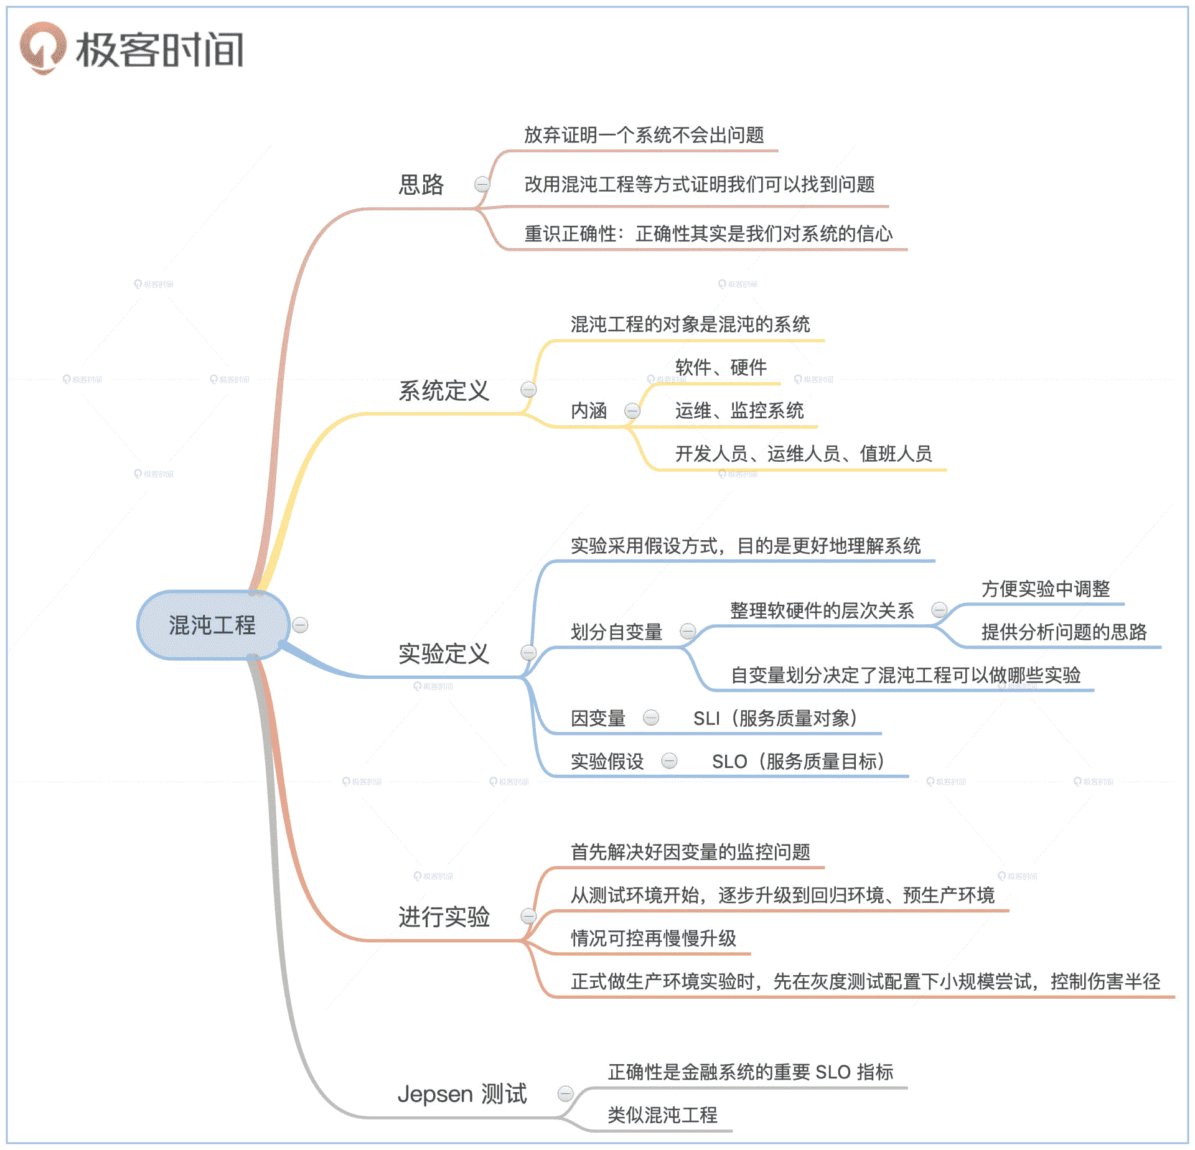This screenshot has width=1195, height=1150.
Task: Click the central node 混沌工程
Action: tap(212, 625)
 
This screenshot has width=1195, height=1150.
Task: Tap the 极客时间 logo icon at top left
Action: tap(42, 49)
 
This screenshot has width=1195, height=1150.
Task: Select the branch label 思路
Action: tap(421, 185)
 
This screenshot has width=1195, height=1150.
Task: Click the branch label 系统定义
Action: tap(444, 391)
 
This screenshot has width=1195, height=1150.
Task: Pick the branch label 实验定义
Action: tap(444, 653)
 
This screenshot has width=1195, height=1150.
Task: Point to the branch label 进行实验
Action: tap(444, 917)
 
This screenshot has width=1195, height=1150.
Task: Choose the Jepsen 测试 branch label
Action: tap(462, 1093)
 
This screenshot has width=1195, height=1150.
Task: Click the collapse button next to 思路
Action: tap(482, 184)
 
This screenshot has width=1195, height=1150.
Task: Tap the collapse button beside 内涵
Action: tap(632, 411)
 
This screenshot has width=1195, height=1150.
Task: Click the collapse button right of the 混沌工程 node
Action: tap(300, 625)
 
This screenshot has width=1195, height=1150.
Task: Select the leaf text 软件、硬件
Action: tap(721, 367)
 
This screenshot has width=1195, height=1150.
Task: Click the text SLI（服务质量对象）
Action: tap(775, 718)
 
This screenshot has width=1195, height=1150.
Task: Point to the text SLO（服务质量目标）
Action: tap(798, 761)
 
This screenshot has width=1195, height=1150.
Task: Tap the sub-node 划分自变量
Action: tap(616, 632)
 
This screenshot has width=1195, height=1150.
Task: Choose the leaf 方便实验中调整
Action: tap(1046, 589)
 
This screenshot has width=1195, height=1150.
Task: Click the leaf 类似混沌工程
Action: tap(662, 1115)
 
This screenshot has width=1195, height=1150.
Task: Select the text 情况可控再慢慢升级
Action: tap(654, 938)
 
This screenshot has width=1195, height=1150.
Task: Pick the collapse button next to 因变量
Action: tap(651, 718)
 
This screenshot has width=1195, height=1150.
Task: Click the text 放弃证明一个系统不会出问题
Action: tap(644, 135)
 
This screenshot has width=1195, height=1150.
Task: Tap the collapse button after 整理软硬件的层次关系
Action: tap(939, 610)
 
